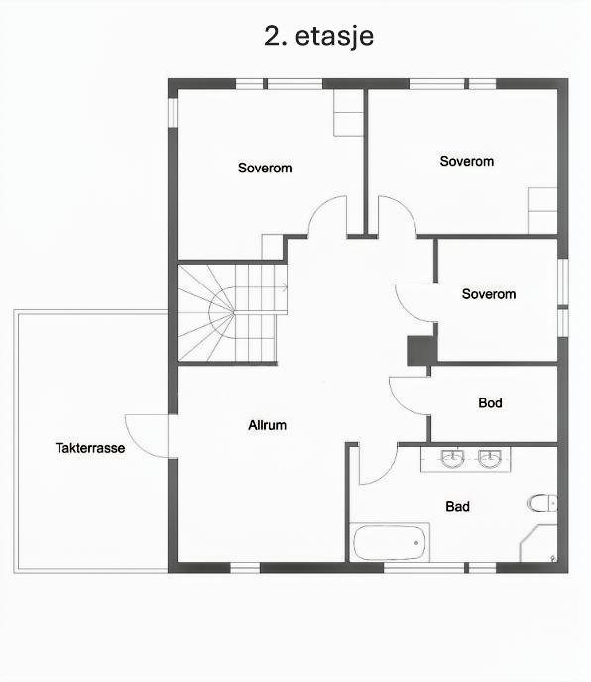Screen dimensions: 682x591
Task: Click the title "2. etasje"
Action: click(x=317, y=36)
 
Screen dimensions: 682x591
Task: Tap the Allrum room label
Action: click(x=267, y=426)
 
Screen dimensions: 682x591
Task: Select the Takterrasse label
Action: click(x=90, y=448)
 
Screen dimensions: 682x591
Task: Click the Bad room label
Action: click(x=457, y=507)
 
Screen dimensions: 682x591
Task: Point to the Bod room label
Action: click(x=490, y=403)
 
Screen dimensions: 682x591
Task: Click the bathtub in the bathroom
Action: click(x=391, y=543)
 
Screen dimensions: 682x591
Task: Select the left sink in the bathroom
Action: click(x=452, y=459)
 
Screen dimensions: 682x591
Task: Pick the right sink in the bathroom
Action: click(x=488, y=459)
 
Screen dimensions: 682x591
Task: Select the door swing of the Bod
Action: click(x=410, y=396)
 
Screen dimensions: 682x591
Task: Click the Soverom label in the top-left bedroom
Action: click(x=265, y=168)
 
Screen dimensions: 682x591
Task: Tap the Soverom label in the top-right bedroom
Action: click(x=466, y=161)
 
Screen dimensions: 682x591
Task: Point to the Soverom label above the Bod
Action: click(x=489, y=294)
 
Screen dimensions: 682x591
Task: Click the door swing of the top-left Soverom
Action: click(x=327, y=217)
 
